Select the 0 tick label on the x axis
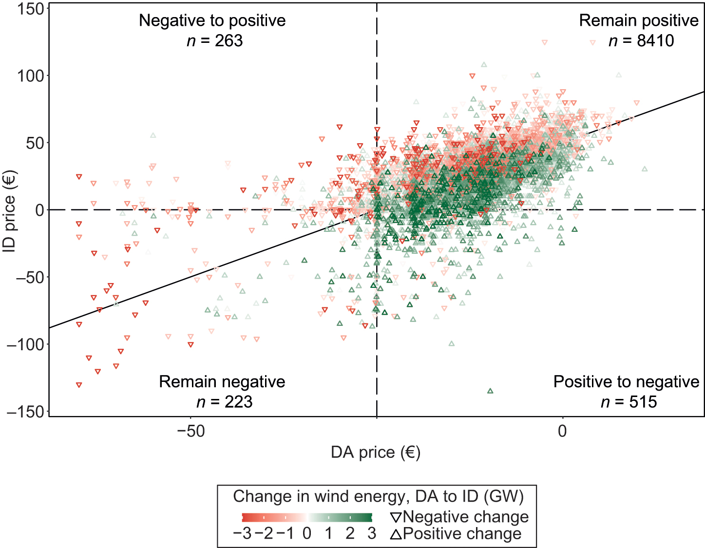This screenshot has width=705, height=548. click(562, 432)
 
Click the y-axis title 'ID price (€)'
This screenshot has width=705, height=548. click(10, 210)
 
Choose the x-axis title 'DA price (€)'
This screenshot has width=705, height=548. click(375, 453)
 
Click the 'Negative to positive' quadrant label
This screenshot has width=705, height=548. click(212, 20)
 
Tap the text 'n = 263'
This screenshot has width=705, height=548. click(215, 40)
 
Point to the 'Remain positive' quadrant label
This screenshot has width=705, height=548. click(639, 20)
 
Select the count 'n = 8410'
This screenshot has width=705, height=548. click(641, 40)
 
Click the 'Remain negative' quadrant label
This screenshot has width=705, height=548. click(222, 381)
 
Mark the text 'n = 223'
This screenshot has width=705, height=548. click(225, 402)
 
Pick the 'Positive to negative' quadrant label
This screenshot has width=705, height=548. click(626, 381)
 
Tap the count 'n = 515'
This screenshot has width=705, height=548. click(629, 402)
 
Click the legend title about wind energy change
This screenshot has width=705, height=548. click(378, 496)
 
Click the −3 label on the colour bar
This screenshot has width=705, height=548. click(242, 533)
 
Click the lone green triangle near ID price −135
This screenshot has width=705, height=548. click(490, 391)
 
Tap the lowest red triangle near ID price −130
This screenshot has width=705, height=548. click(79, 385)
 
